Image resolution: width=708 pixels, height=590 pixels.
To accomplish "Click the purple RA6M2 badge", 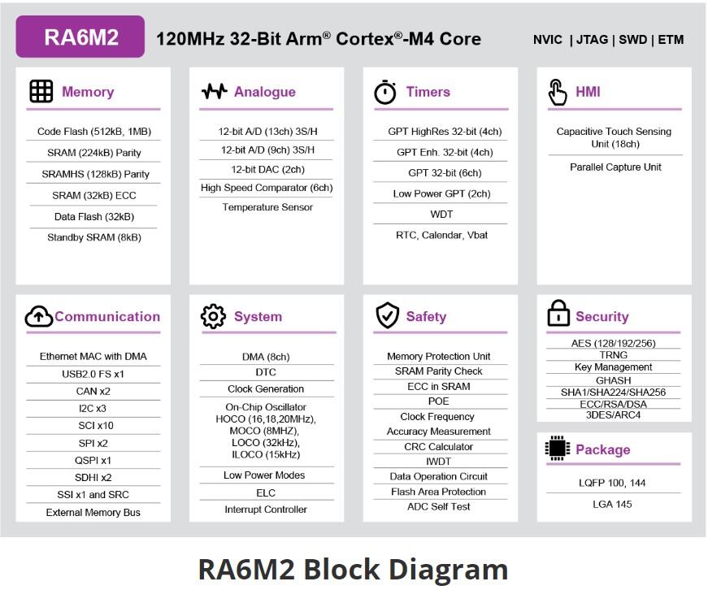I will pos(80,37).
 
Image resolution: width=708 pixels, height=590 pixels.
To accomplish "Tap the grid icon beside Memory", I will pos(41,91).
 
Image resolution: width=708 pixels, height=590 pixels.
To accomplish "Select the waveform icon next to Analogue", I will pos(214,91).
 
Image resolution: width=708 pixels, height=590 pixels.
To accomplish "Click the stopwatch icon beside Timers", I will pos(385,92).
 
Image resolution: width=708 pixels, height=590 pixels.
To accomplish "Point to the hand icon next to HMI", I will pos(558,92).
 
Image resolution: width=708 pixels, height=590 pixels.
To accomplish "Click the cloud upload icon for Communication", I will pos(38,316).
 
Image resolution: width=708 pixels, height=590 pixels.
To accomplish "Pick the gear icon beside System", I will pos(213,316).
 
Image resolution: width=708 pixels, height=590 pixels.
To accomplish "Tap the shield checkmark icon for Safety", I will pos(387,315).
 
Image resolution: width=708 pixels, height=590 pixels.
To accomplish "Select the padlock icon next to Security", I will pos(558,315).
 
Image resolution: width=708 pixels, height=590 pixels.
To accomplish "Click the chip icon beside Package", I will pos(557,449).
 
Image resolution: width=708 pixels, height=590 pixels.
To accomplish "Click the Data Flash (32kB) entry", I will pos(94,217).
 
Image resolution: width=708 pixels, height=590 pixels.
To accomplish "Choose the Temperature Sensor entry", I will pos(266,207).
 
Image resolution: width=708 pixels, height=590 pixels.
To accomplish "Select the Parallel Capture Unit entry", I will pos(615,167).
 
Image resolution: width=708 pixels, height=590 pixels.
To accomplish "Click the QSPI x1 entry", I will pos(93,460).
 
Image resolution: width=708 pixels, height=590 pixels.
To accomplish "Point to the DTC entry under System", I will pos(266,372).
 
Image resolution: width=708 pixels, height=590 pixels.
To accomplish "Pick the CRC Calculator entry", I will pos(439,447).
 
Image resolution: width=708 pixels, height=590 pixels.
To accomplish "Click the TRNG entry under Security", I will pos(613,355).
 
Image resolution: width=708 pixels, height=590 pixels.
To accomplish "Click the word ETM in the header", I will pos(671,39).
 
